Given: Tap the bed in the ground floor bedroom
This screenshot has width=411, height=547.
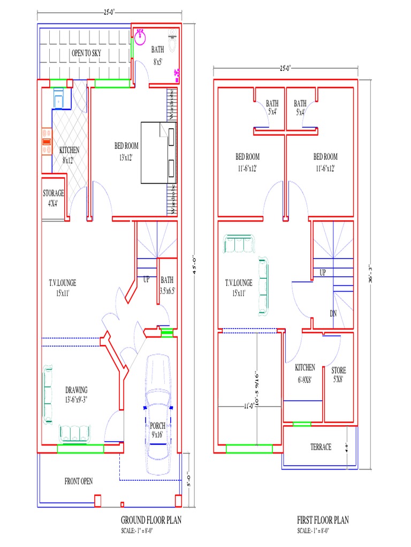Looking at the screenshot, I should click(x=158, y=153).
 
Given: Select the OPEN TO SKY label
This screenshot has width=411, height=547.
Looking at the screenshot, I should click(x=86, y=53).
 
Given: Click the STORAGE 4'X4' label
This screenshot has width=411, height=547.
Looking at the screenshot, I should click(x=54, y=198).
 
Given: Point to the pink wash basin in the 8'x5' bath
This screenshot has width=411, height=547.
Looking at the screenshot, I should click(x=141, y=36).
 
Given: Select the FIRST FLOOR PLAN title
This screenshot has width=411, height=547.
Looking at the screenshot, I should click(x=323, y=520).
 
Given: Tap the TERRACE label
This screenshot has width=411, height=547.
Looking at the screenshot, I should click(x=321, y=447).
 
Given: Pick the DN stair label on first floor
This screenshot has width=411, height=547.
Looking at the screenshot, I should click(x=333, y=314).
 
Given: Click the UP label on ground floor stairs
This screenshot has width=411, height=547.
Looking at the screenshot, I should click(x=146, y=279).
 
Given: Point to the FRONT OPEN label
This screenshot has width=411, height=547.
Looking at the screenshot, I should click(x=79, y=481).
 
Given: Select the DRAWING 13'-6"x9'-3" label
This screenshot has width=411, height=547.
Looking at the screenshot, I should click(x=77, y=394).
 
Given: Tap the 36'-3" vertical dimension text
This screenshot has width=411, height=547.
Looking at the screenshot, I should click(x=370, y=273).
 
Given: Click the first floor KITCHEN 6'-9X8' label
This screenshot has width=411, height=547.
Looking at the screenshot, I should click(x=305, y=372).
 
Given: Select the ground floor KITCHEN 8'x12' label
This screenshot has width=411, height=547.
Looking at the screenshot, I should click(x=69, y=155).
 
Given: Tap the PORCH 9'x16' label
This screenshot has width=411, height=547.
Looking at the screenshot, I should click(x=157, y=431).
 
